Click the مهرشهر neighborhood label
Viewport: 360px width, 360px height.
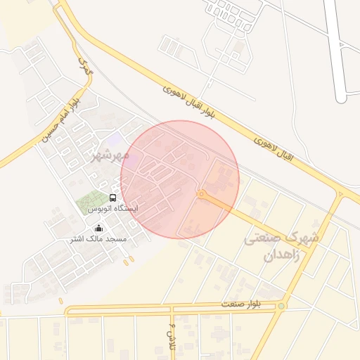pyautogui.click(x=110, y=154)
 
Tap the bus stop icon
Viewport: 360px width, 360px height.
pyautogui.click(x=113, y=198)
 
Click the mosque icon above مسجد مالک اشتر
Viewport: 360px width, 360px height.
pyautogui.click(x=98, y=228)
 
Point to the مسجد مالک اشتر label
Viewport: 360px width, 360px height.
pyautogui.click(x=98, y=239)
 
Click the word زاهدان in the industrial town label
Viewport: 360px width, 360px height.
pyautogui.click(x=281, y=255)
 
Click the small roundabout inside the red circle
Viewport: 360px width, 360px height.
pyautogui.click(x=201, y=193)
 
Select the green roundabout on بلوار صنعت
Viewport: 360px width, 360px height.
pyautogui.click(x=281, y=306)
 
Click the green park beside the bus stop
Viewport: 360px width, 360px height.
pyautogui.click(x=93, y=202)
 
